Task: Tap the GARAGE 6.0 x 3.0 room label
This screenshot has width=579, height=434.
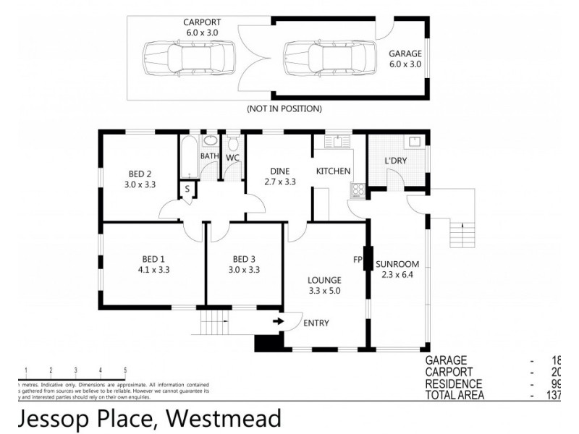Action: [405, 59]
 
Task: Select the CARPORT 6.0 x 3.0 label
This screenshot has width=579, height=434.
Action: [200, 27]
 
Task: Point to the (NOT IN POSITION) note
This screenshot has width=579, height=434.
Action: [284, 109]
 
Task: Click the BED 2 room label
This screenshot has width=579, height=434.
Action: [140, 179]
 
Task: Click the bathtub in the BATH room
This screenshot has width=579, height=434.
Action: [189, 156]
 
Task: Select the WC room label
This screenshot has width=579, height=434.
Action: [232, 157]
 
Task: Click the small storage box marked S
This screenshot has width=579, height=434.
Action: [187, 190]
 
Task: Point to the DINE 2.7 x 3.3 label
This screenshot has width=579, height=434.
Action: [279, 176]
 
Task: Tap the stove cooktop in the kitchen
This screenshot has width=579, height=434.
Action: [358, 190]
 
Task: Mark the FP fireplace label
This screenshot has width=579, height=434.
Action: [357, 259]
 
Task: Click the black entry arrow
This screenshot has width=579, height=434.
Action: [277, 321]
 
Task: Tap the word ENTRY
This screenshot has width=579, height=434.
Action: [317, 323]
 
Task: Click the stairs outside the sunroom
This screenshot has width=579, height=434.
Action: [460, 232]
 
